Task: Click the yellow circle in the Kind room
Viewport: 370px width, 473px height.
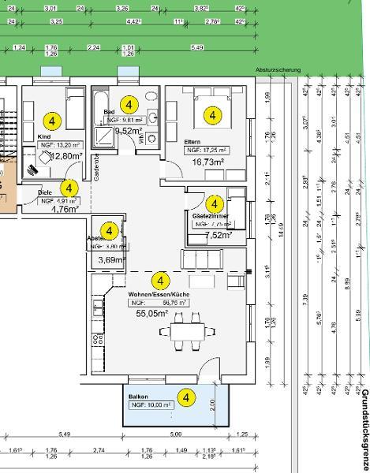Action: pos(52,121)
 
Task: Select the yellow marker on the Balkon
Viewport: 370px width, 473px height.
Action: pos(187,397)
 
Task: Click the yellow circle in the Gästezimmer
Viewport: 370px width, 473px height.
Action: pos(212,204)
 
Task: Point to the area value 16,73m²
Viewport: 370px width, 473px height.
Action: pos(208,162)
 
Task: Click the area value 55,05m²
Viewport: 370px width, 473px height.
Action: pos(152,313)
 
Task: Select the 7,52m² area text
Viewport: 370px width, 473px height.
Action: pos(219,235)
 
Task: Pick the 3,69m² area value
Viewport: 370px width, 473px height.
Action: pos(111,260)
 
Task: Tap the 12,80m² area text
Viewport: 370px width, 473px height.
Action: pos(66,156)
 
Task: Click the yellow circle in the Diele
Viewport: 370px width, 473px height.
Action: pos(69,188)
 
